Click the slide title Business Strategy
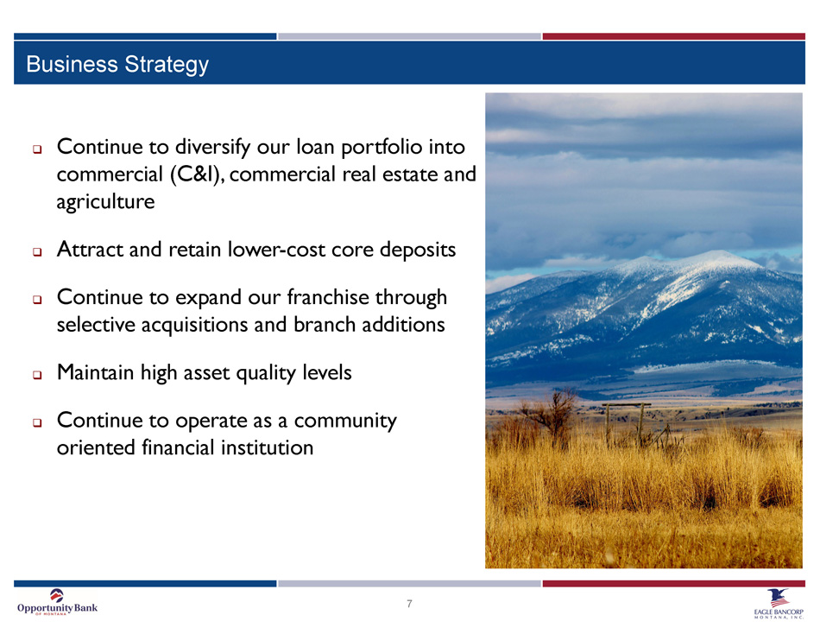[117, 65]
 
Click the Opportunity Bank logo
[57, 603]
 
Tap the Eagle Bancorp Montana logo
[779, 604]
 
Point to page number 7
[409, 604]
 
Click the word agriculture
[105, 202]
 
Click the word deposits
[418, 250]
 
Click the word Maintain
[95, 372]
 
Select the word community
[345, 422]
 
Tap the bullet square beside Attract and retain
[37, 252]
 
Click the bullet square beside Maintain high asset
[37, 375]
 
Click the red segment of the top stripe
[673, 36]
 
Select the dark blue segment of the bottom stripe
[145, 583]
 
